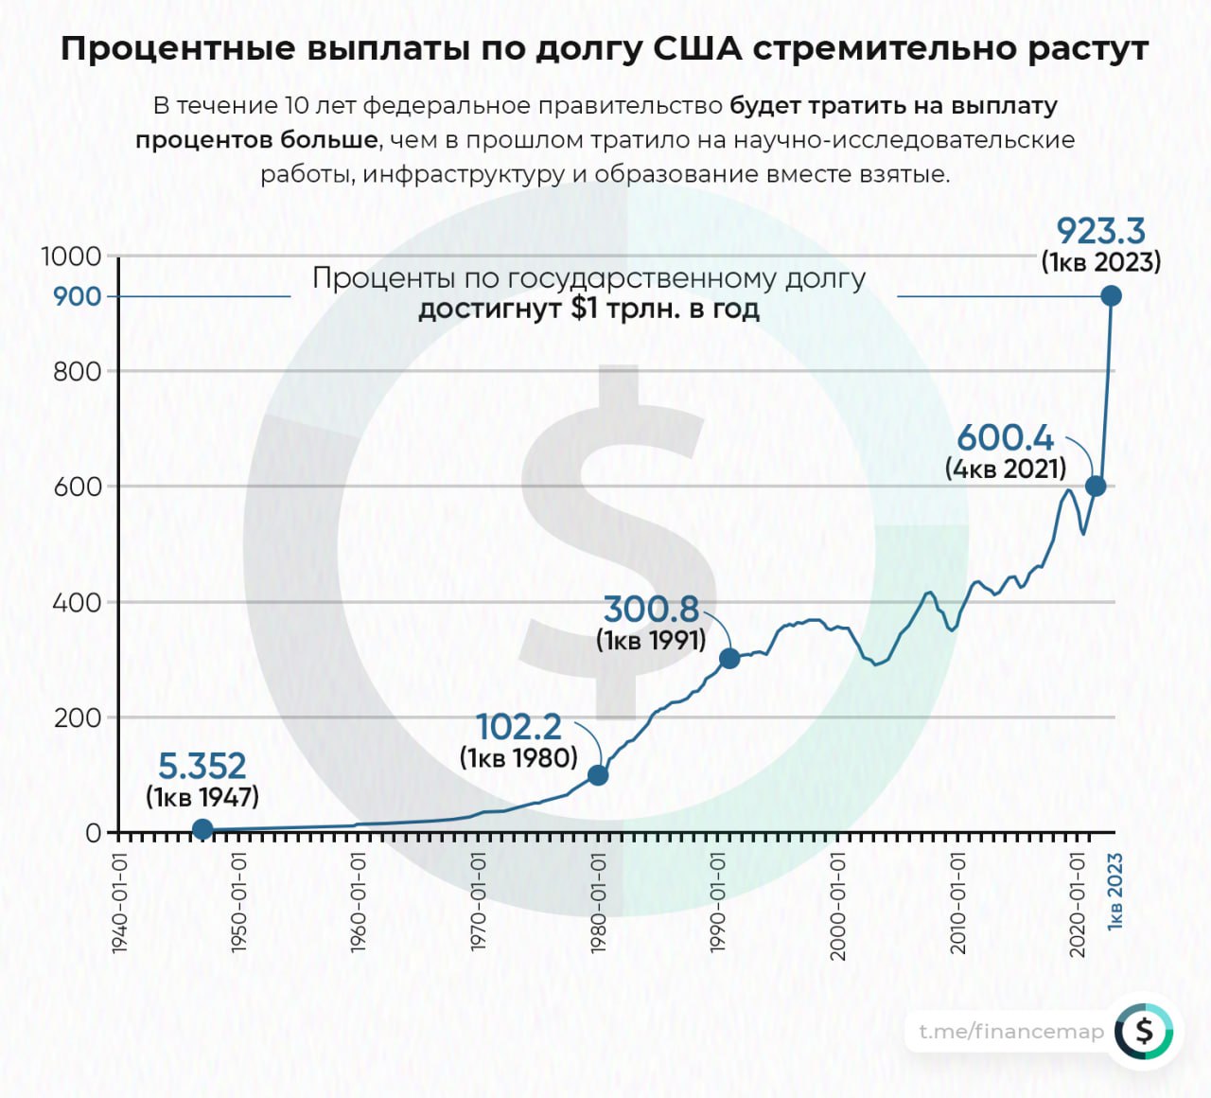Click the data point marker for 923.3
tap(1112, 296)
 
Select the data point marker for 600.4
tap(1096, 487)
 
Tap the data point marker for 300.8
tap(729, 658)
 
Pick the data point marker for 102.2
tap(598, 775)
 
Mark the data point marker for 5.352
tap(202, 830)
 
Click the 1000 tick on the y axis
tap(71, 257)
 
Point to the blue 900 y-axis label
tap(77, 296)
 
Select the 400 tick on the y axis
tap(77, 602)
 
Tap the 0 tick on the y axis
tap(93, 833)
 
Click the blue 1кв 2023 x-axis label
tap(1115, 890)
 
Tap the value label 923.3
tap(1100, 231)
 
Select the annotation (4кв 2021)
tap(1006, 468)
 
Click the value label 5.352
tap(202, 766)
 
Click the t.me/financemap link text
tap(1011, 1031)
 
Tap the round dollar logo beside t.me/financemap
tap(1144, 1031)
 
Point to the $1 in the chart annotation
tap(585, 309)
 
